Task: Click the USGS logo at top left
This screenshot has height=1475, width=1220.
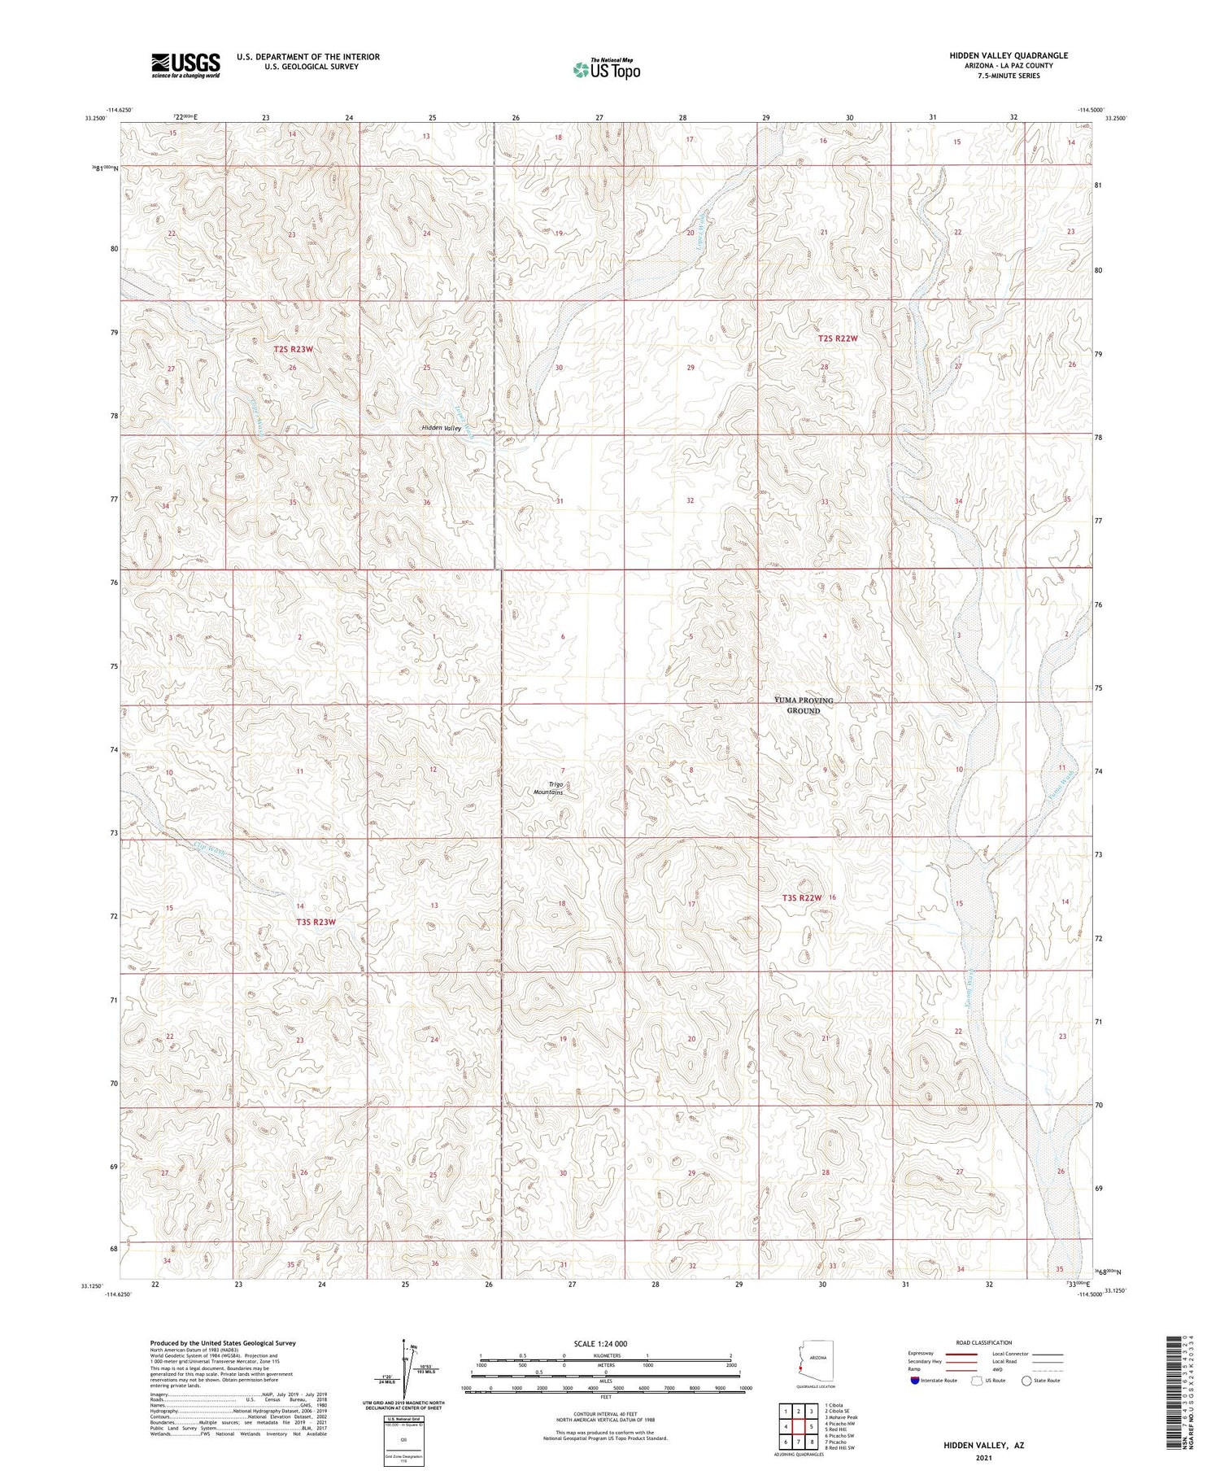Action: click(185, 65)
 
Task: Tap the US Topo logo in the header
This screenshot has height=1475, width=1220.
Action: click(606, 70)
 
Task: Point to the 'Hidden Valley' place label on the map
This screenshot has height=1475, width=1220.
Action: click(441, 428)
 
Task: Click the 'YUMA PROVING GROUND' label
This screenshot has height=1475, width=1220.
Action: click(804, 705)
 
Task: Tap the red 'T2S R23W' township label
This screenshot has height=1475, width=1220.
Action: click(294, 349)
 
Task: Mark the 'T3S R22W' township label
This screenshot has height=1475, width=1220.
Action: click(802, 897)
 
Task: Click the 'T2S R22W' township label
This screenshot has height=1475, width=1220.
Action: click(838, 338)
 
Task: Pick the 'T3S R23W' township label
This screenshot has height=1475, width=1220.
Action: click(316, 922)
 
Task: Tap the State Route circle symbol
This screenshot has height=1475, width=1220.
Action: click(1026, 1381)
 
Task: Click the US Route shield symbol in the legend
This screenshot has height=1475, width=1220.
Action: click(976, 1381)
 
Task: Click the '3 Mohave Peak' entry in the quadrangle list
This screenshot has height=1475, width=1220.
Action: click(840, 1416)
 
